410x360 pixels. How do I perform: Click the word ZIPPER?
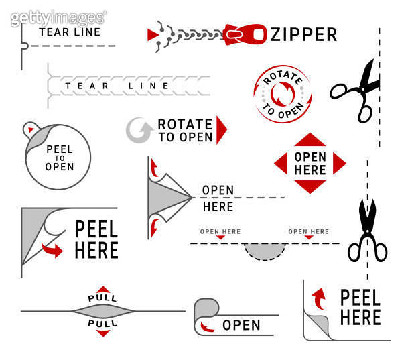pos(303,34)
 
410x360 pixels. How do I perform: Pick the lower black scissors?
pos(366,231)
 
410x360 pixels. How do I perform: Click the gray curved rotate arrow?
pos(139,130)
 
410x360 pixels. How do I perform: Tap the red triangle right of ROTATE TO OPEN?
pos(221,129)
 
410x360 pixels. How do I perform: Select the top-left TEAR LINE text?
pos(70,32)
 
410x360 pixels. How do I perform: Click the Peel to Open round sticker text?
pos(60,158)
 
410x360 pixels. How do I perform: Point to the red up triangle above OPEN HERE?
pos(310,141)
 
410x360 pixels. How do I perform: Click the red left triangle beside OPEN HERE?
pos(281,164)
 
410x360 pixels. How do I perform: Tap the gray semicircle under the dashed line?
pos(266,251)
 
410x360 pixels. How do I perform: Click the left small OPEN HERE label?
pos(220,231)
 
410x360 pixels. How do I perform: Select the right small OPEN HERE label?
pos(308,231)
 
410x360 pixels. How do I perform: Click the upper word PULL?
pos(102,298)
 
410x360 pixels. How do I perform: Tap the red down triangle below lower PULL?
pos(102,333)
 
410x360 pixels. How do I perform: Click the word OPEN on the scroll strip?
pos(241,325)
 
